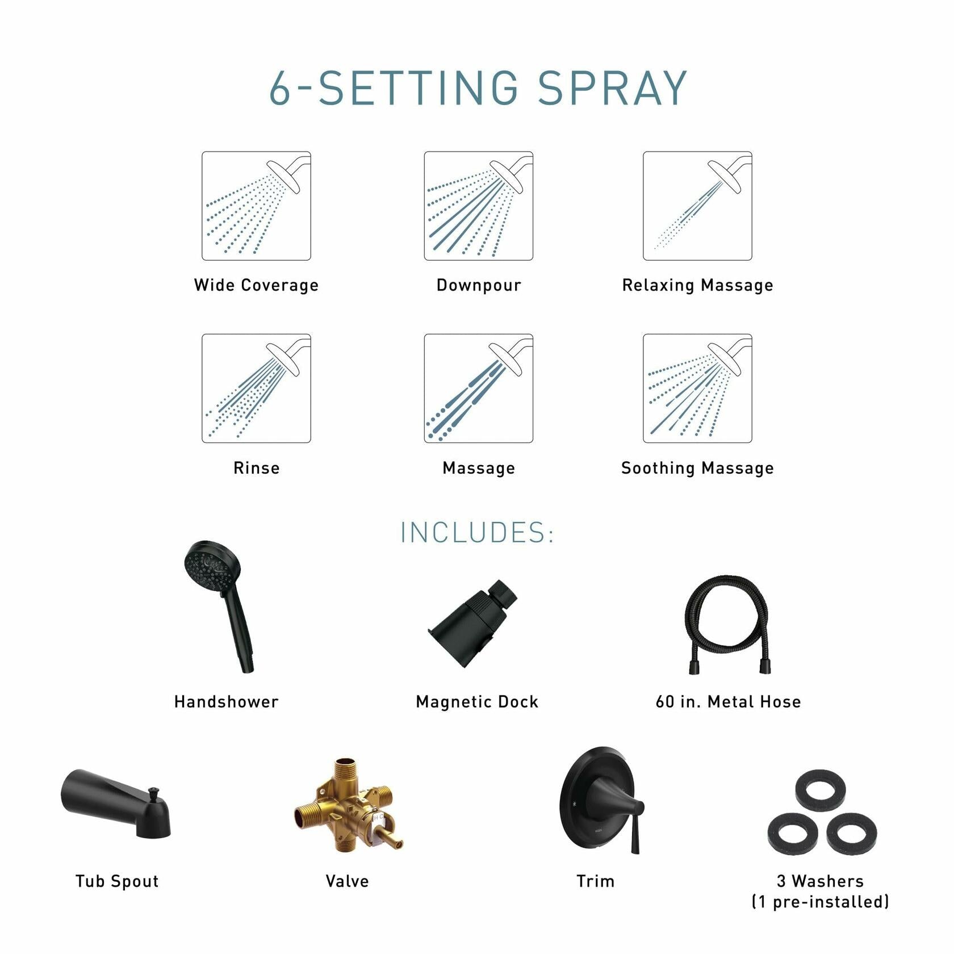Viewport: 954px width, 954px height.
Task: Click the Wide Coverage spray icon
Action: pyautogui.click(x=256, y=206)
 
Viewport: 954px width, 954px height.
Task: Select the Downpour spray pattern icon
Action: pyautogui.click(x=478, y=206)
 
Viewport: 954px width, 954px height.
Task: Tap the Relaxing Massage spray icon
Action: pyautogui.click(x=697, y=206)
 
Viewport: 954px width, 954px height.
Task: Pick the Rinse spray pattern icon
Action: pyautogui.click(x=256, y=388)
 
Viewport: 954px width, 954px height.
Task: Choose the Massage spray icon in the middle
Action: pyautogui.click(x=478, y=388)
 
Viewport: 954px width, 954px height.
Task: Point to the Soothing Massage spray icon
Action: pyautogui.click(x=697, y=388)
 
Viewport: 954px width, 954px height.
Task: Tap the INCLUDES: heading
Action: pyautogui.click(x=477, y=533)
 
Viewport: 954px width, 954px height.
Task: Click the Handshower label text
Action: pyautogui.click(x=226, y=702)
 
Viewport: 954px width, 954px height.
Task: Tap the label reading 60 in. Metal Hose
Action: pyautogui.click(x=728, y=702)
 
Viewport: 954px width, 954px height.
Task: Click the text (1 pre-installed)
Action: pyautogui.click(x=820, y=902)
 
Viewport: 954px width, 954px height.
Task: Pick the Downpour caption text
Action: pyautogui.click(x=478, y=285)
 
